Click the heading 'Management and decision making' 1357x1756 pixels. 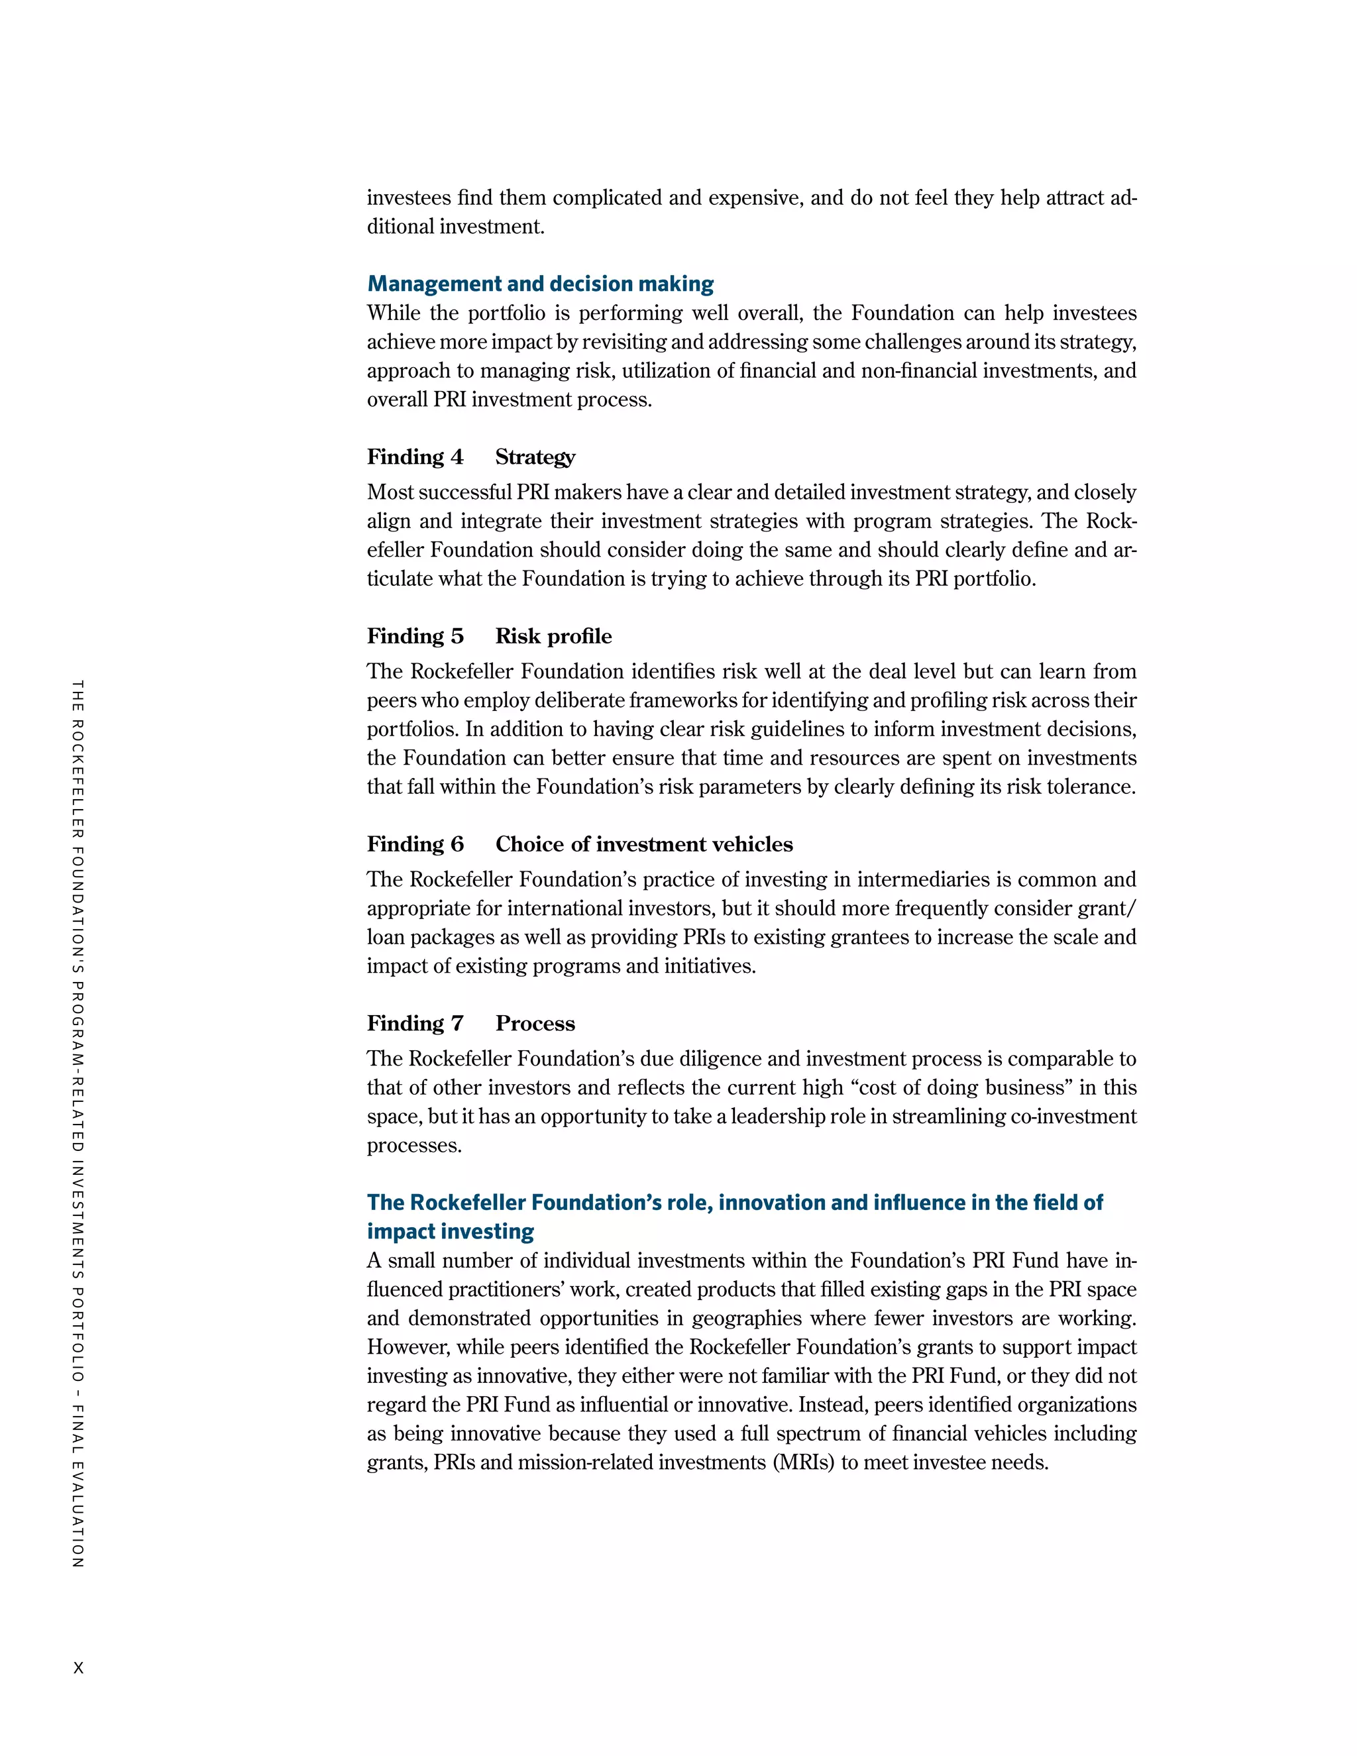coord(540,284)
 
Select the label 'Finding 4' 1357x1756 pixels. coord(415,457)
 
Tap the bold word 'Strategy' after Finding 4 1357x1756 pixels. coord(535,457)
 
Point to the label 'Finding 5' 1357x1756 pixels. coord(415,636)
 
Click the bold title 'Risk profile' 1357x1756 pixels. coord(553,636)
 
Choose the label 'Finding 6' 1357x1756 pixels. coord(415,844)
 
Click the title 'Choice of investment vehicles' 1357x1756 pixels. coord(643,844)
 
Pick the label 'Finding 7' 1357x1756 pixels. coord(415,1024)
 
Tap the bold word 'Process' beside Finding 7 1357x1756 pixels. coord(535,1024)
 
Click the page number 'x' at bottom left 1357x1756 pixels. coord(78,1668)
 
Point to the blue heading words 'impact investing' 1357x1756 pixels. coord(450,1231)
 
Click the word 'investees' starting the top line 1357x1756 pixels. coord(408,197)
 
